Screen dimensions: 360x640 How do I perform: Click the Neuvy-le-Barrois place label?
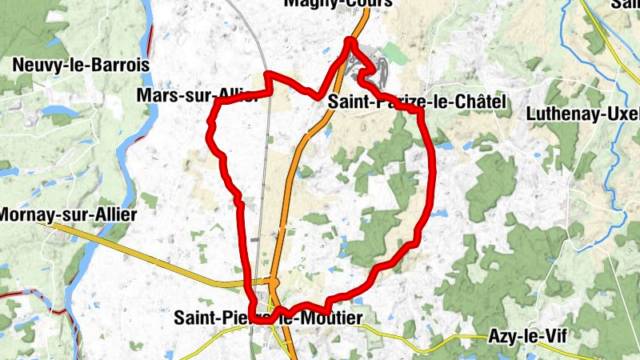pos(70,65)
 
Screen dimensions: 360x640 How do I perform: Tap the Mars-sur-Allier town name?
pos(197,98)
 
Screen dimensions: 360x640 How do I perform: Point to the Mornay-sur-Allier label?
pos(69,214)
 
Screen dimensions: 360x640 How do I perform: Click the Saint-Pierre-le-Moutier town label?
pos(268,318)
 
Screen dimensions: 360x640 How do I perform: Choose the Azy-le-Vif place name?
pos(526,336)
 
